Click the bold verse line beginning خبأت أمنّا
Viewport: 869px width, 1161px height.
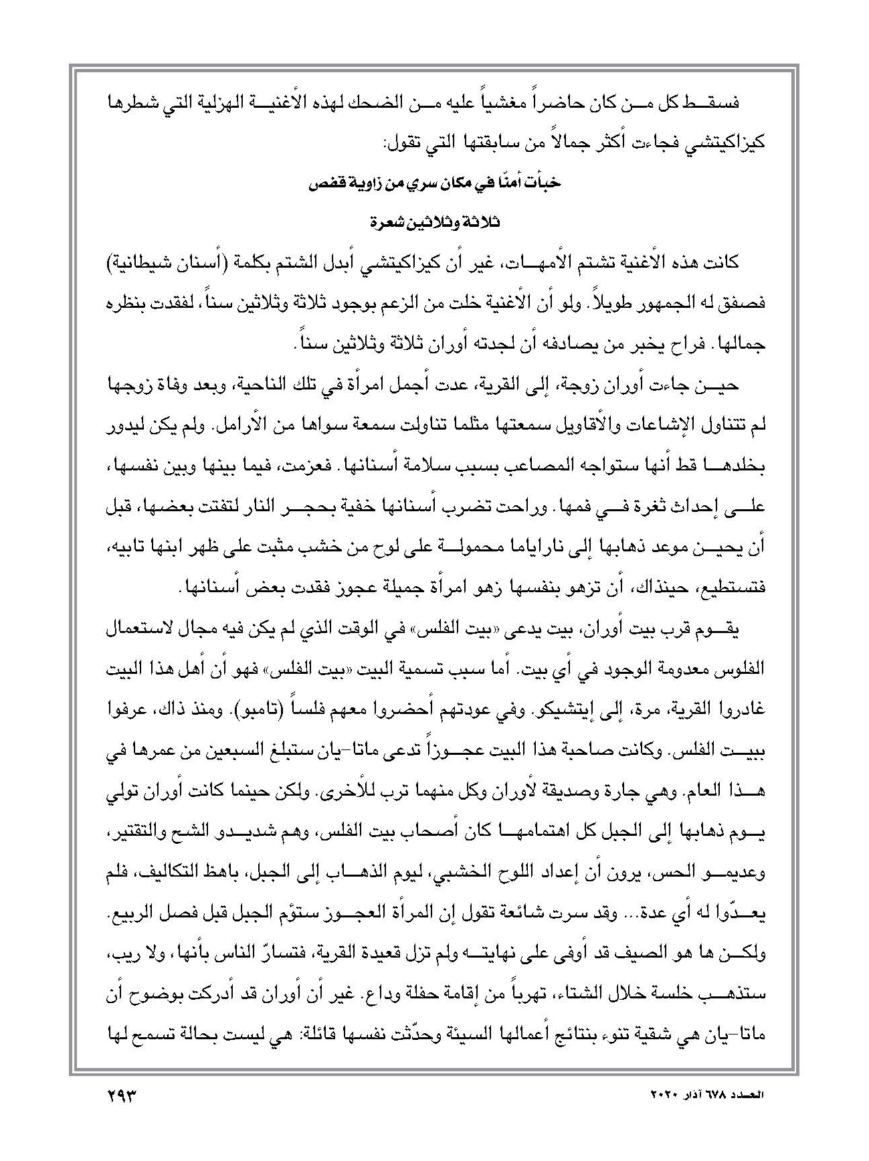pyautogui.click(x=436, y=185)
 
